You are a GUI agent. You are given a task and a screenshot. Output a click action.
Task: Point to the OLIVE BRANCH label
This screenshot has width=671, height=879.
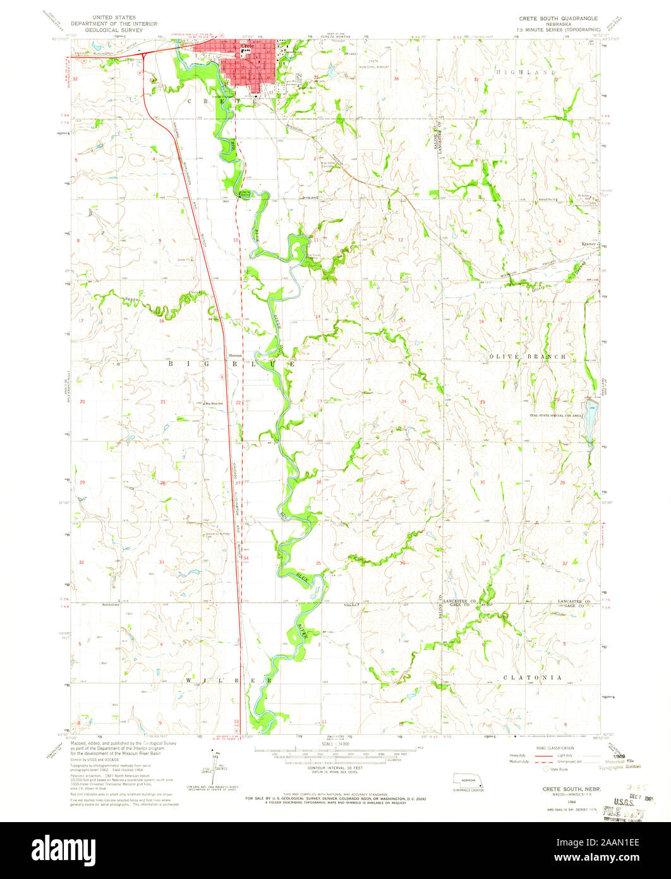(528, 357)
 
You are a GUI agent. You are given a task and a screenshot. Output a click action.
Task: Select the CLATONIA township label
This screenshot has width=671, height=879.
(532, 677)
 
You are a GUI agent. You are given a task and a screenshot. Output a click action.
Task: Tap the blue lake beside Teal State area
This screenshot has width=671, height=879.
(591, 421)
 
